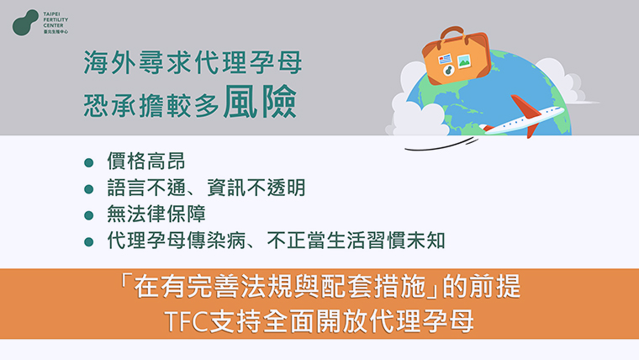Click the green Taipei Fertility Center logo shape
click(24, 23)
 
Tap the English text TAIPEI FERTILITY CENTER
click(55, 19)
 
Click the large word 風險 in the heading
click(260, 102)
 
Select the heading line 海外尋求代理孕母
click(193, 63)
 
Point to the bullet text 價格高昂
click(146, 161)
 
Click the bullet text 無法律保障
click(156, 214)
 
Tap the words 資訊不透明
click(256, 188)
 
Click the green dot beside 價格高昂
click(89, 163)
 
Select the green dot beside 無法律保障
click(89, 215)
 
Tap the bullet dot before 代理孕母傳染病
click(89, 242)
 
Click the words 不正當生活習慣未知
click(356, 241)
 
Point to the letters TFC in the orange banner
click(182, 321)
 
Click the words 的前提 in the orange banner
click(481, 286)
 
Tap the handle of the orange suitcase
click(452, 33)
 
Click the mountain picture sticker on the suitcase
click(464, 61)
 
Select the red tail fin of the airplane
click(525, 107)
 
